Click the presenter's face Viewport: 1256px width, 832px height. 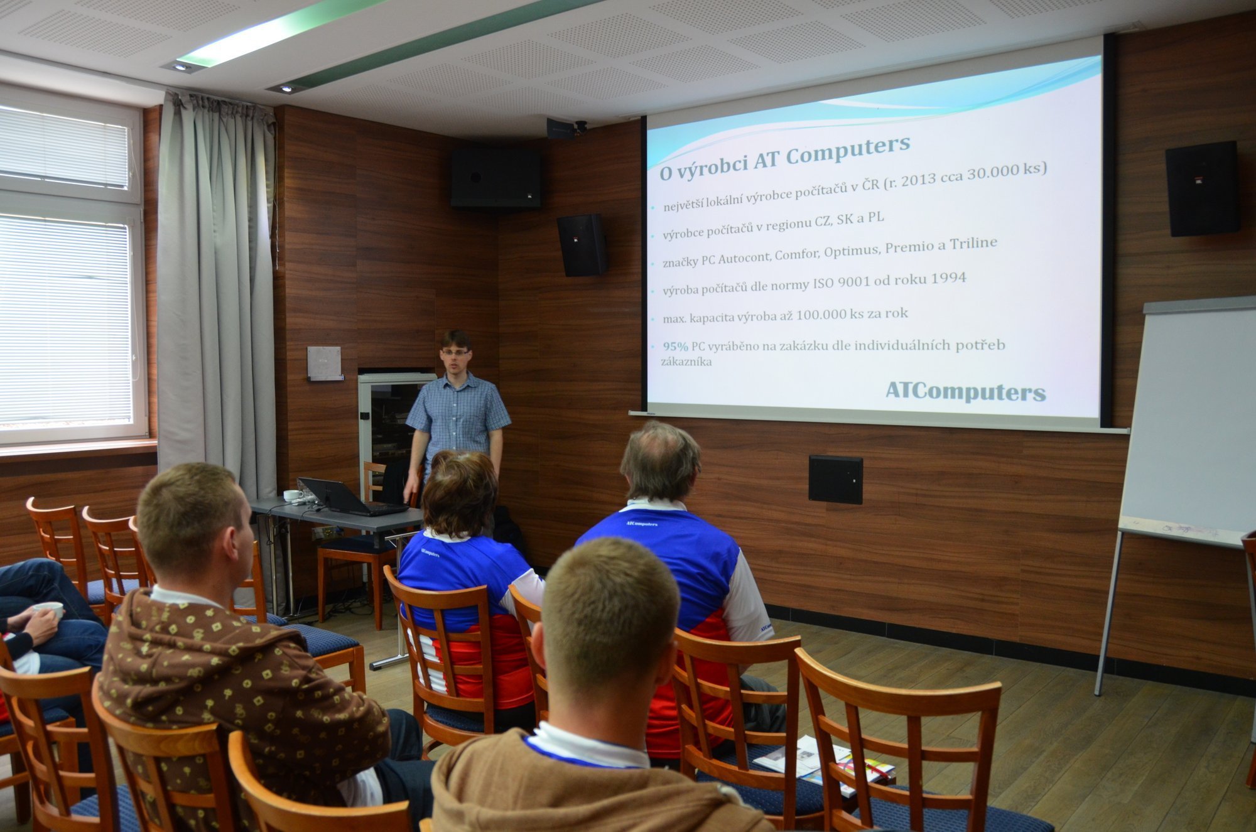[455, 354]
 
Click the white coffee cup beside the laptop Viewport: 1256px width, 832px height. [293, 495]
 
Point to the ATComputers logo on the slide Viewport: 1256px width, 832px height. [965, 392]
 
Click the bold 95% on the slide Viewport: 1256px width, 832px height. [676, 347]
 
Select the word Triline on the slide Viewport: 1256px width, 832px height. [973, 244]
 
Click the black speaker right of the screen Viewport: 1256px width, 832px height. [1202, 188]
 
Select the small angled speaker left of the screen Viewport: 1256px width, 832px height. [582, 245]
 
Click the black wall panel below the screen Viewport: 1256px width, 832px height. [835, 480]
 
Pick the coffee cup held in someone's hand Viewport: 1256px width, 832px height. [49, 608]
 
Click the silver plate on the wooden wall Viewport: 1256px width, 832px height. [324, 363]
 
